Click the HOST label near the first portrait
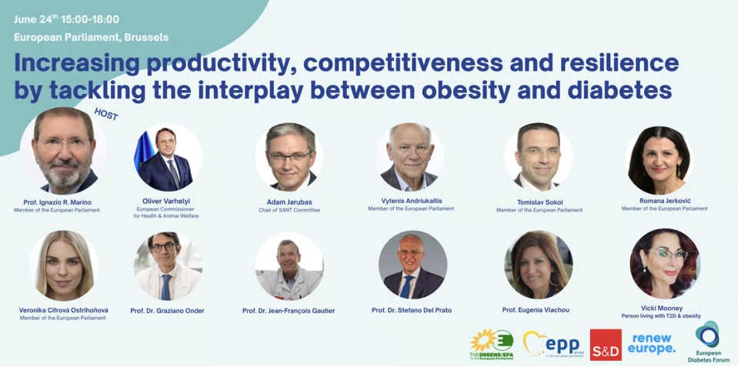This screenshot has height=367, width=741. click(x=106, y=114)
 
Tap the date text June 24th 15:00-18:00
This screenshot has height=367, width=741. click(x=67, y=19)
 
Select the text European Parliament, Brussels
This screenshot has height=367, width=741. click(x=92, y=37)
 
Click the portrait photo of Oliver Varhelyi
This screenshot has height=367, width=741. click(x=169, y=157)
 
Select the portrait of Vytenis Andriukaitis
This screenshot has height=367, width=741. click(x=410, y=157)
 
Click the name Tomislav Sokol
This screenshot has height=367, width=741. click(x=539, y=202)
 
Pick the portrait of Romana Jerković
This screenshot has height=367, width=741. click(x=659, y=160)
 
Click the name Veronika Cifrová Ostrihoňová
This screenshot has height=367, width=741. click(x=63, y=310)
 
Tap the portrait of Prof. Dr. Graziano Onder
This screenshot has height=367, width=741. click(x=169, y=266)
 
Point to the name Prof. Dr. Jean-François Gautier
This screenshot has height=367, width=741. click(x=289, y=311)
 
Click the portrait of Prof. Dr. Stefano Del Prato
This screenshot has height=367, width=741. click(x=413, y=265)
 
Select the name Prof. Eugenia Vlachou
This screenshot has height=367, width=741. click(x=536, y=310)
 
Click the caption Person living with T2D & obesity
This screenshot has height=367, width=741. click(x=661, y=316)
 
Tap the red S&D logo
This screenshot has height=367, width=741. click(x=606, y=345)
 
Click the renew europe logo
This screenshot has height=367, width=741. click(x=652, y=343)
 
